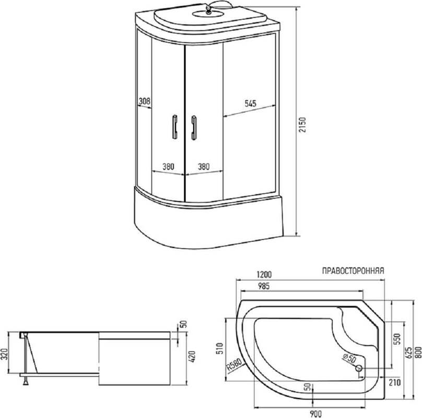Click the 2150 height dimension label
tap(303, 125)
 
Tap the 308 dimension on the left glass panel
tap(144, 101)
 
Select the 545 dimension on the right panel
tap(250, 103)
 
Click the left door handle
tap(174, 126)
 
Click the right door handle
tap(194, 128)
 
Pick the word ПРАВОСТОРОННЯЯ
tap(353, 271)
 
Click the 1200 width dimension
tap(264, 275)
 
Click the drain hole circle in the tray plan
tap(359, 368)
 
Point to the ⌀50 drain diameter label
tap(349, 358)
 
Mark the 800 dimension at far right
tap(418, 352)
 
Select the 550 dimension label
tap(398, 339)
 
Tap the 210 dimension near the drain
tap(394, 382)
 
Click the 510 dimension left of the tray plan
tap(220, 349)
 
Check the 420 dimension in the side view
tap(193, 356)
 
